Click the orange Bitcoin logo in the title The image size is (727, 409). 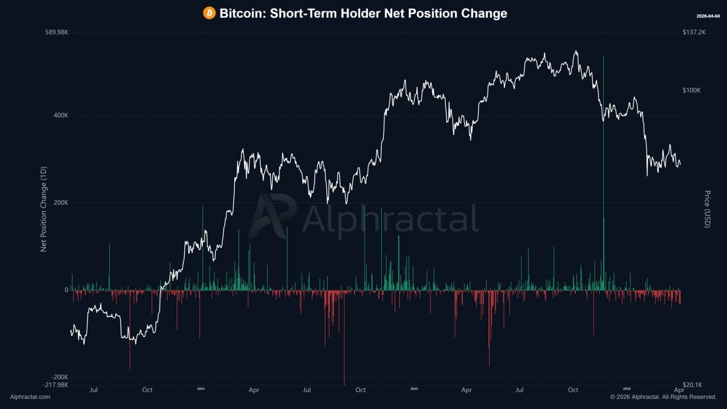[210, 13]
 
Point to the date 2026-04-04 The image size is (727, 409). [708, 16]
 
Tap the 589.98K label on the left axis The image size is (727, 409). [57, 32]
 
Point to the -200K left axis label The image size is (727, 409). [59, 377]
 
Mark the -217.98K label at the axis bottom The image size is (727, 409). [56, 385]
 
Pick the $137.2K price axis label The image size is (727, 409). [694, 32]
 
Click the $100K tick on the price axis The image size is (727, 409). [692, 90]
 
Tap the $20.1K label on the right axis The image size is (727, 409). [692, 385]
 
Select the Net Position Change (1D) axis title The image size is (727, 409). [43, 209]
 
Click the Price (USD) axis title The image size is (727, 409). [707, 209]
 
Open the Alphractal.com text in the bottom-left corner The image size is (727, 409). [30, 397]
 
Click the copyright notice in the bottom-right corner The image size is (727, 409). [663, 397]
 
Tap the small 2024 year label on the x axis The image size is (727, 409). [200, 389]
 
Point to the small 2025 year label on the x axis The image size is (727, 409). [414, 389]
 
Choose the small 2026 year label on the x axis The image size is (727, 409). [626, 389]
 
